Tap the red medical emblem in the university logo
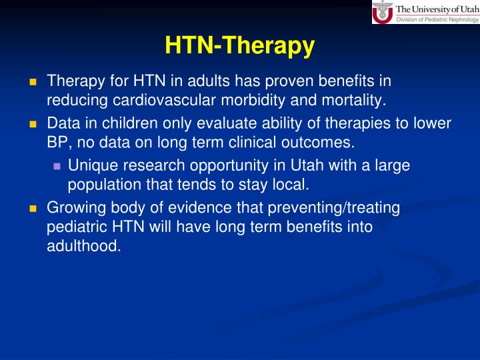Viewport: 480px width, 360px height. [383, 13]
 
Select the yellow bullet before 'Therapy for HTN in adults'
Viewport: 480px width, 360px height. [32, 82]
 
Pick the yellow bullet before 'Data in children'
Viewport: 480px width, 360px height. [32, 124]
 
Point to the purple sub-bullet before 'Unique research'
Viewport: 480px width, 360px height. [57, 166]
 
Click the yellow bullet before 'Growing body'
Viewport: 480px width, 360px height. [32, 209]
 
